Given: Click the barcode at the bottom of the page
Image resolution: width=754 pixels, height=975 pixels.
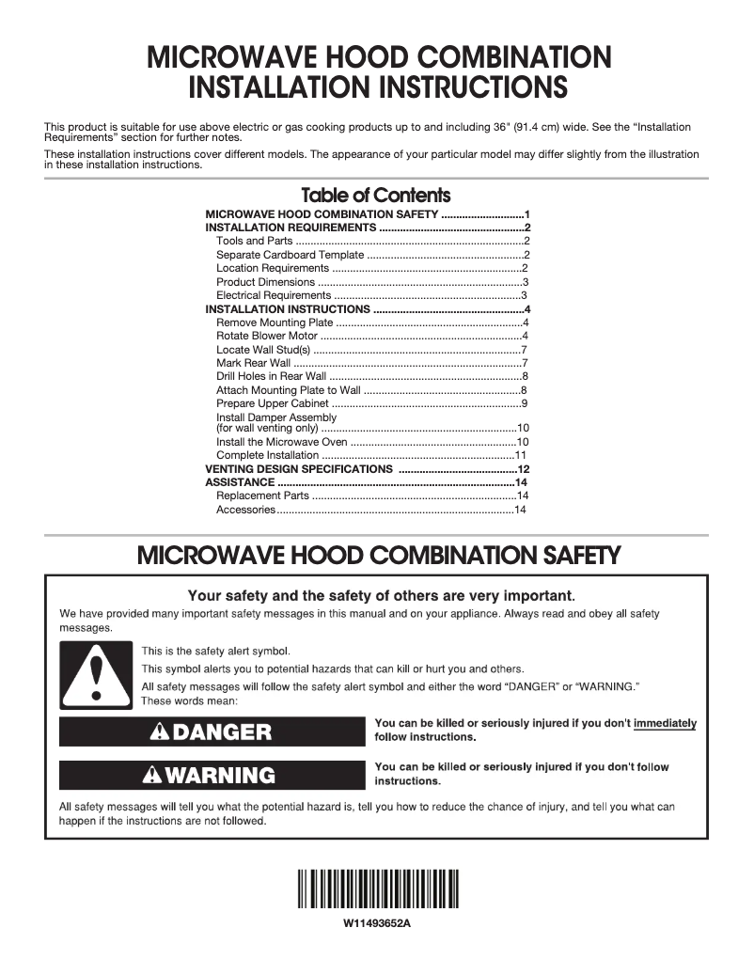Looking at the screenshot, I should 376,889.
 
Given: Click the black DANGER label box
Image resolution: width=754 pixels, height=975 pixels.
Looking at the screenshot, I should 205,731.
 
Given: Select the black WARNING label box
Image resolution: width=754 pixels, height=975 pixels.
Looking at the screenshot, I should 205,775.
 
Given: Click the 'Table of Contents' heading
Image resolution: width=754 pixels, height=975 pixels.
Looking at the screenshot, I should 376,196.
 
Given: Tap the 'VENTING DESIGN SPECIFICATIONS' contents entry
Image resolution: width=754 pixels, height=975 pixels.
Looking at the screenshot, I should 299,468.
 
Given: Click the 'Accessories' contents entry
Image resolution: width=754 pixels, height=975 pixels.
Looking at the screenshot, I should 245,510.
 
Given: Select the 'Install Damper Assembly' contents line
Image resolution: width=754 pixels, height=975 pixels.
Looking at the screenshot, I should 276,417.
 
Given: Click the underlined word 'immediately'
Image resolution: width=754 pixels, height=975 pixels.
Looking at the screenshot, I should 665,723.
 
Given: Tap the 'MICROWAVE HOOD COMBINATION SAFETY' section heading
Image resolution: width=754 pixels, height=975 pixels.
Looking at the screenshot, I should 378,556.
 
